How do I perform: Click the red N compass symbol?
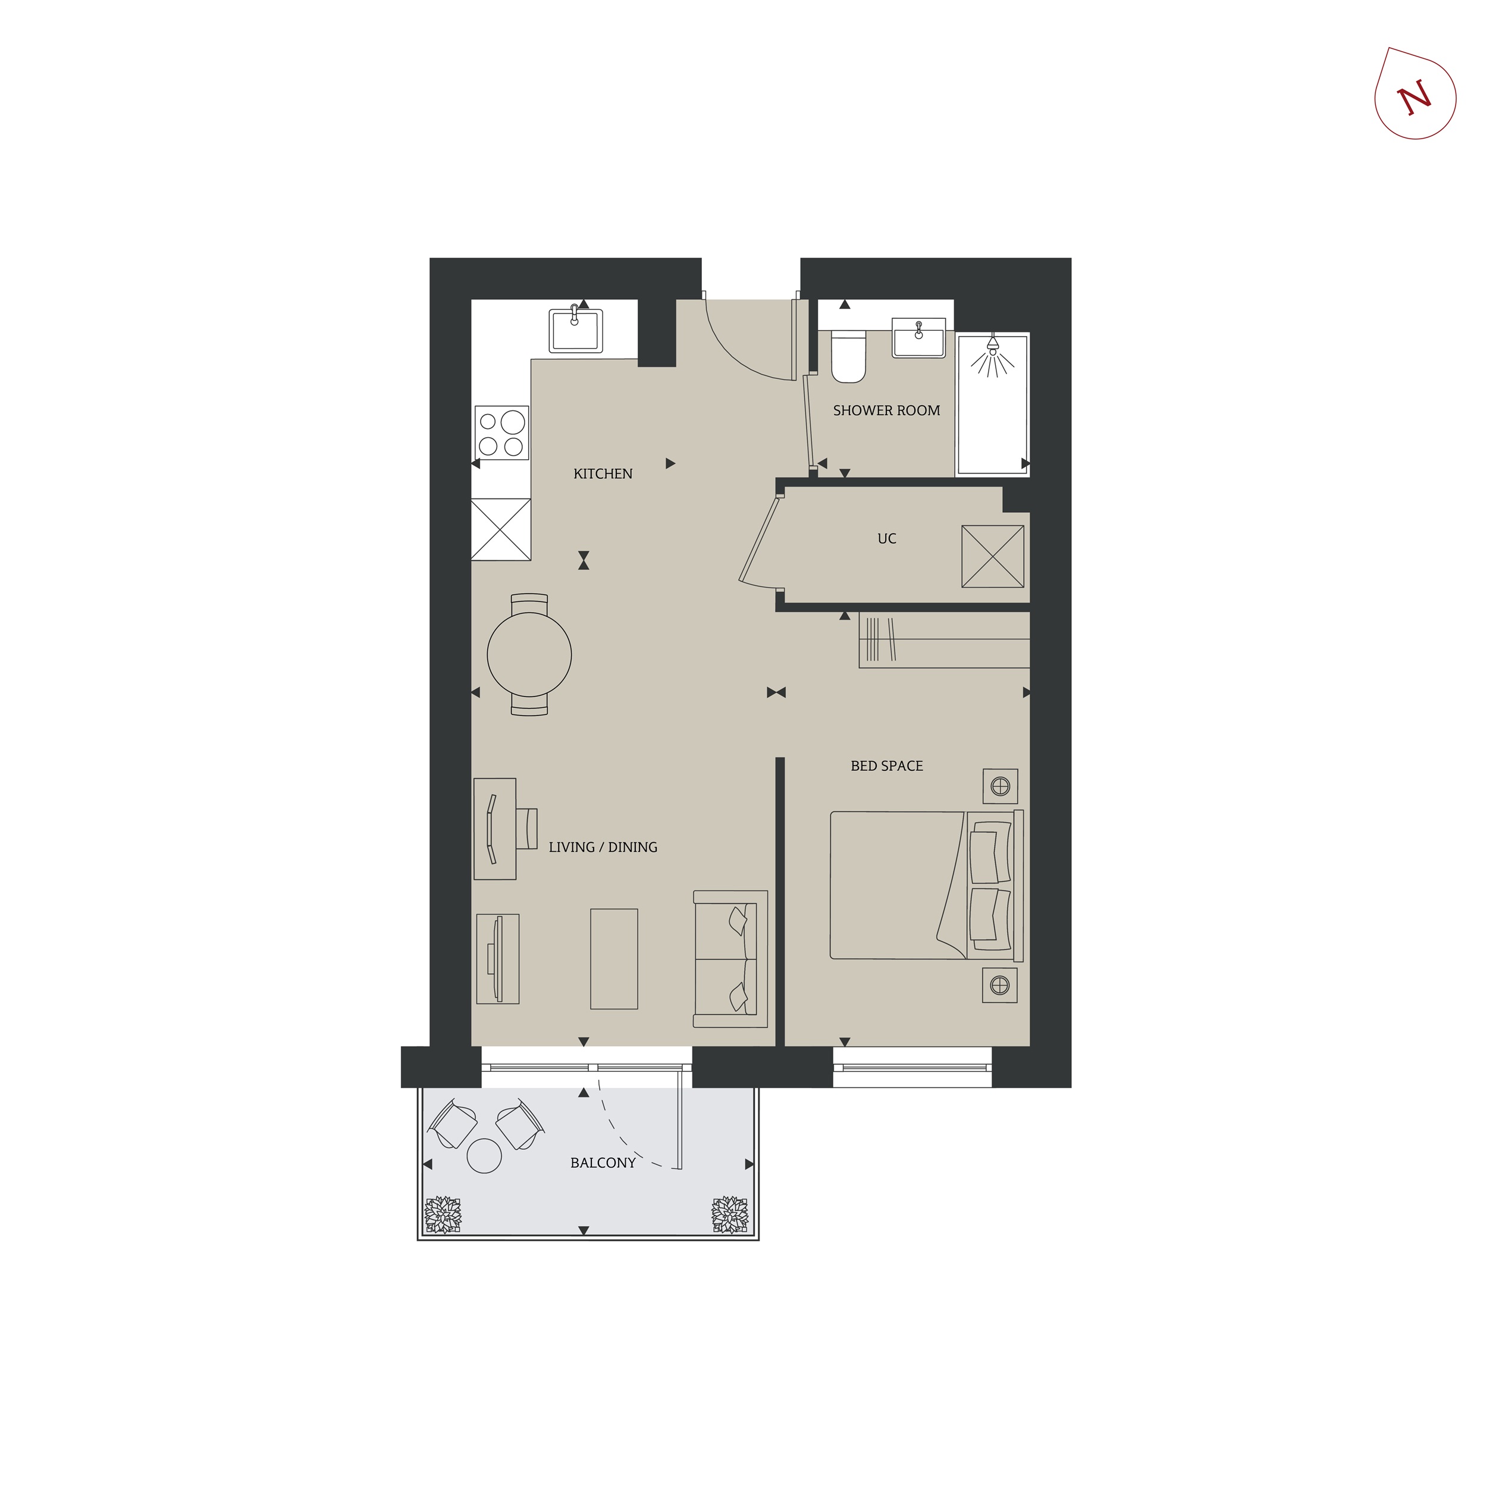(1415, 95)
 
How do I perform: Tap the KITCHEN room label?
(603, 474)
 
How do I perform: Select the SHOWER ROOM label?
(886, 410)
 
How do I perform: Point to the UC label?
(887, 538)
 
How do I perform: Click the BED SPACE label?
(887, 766)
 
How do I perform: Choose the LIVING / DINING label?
(603, 847)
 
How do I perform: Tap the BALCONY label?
(603, 1163)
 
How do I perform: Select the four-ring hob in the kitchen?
(501, 433)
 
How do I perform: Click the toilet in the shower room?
(848, 356)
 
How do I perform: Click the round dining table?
(529, 654)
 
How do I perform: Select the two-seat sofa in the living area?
(730, 959)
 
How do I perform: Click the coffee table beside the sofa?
(614, 959)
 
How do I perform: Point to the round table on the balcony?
(484, 1155)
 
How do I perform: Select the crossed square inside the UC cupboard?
(992, 556)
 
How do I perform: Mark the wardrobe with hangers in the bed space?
(944, 640)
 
